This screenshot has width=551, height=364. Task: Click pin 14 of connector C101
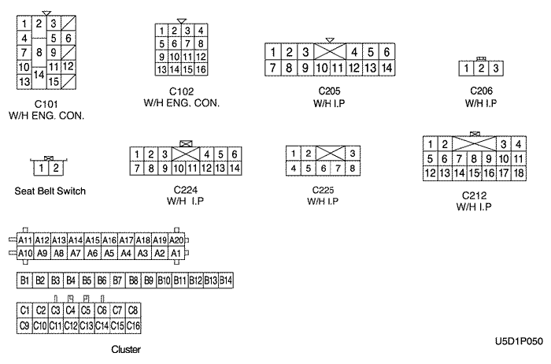click(x=39, y=74)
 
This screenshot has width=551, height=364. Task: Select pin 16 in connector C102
click(x=202, y=70)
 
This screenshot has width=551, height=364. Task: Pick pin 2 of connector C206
click(x=480, y=69)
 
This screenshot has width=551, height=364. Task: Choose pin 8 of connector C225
click(x=353, y=168)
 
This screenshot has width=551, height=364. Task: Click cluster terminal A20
click(x=176, y=240)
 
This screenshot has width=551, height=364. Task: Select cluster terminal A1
click(x=176, y=253)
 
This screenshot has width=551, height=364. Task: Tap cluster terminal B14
click(x=227, y=280)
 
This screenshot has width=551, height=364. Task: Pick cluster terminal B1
click(x=24, y=280)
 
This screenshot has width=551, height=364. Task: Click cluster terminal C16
click(x=133, y=325)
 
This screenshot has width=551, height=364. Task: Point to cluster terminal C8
click(x=133, y=310)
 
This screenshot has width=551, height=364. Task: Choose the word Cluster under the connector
click(x=127, y=347)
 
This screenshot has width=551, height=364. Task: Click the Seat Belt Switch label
click(x=50, y=191)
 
